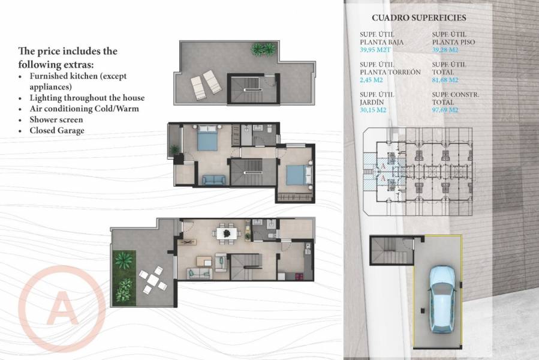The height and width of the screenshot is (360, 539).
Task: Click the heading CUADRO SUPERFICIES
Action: [418, 18]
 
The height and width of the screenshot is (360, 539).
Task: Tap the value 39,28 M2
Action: [445, 50]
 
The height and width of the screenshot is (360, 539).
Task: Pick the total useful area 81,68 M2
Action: [445, 80]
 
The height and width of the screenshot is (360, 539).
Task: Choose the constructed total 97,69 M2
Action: [445, 110]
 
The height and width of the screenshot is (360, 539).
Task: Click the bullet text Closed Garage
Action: [57, 130]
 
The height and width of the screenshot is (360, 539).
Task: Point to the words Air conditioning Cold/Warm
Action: [84, 109]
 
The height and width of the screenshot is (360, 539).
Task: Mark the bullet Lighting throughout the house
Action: [87, 98]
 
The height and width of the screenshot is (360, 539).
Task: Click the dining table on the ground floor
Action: [226, 233]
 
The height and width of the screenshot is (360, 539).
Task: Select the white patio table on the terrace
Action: [153, 280]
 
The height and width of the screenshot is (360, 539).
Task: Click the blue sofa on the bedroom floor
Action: [213, 179]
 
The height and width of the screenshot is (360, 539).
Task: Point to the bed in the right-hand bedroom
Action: [297, 175]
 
